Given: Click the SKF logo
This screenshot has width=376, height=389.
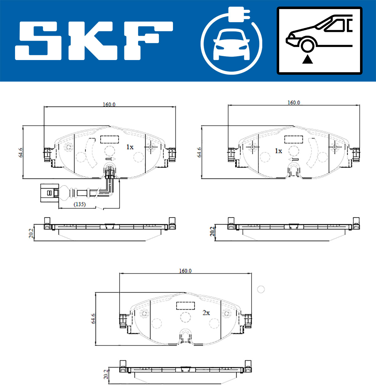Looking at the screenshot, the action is pos(94,41).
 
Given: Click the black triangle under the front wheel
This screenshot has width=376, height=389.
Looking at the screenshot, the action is pos(307,59).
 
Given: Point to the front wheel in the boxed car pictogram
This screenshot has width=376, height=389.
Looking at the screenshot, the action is pos(307,46).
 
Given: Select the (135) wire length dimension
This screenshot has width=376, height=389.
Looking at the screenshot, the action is pos(80,204).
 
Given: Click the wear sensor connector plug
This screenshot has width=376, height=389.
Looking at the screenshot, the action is pos(50,193).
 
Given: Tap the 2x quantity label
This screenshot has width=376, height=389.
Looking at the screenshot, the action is pos(206,313).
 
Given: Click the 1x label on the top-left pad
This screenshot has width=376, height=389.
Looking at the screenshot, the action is pos(130,147).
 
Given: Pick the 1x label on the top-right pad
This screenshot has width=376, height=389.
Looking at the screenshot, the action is pos(279,151).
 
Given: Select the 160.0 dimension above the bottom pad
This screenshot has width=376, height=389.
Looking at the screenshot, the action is pos(185,271).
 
